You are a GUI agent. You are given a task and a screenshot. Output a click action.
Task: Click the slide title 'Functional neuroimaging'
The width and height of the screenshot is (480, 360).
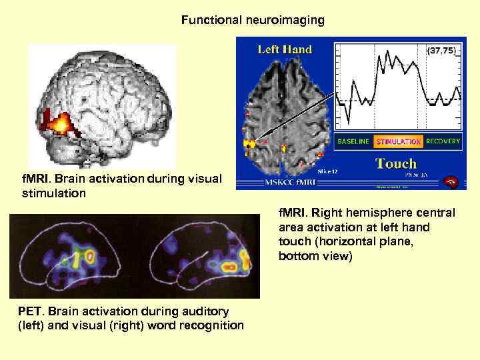[253, 21]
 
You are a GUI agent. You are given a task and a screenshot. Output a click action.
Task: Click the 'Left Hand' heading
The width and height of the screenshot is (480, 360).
[285, 49]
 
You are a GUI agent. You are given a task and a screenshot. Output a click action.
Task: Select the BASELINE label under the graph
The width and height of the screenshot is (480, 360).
[353, 141]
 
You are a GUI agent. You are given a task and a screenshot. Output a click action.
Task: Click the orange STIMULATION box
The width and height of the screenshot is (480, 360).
[397, 141]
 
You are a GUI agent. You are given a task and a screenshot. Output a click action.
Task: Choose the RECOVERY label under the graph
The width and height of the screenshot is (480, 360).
[443, 141]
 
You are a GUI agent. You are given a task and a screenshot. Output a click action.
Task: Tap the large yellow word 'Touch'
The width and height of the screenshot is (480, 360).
[396, 163]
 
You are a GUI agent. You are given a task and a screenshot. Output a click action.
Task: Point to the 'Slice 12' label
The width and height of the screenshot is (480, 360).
[328, 172]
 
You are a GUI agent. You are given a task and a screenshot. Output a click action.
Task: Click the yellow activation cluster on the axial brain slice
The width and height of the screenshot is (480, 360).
[251, 143]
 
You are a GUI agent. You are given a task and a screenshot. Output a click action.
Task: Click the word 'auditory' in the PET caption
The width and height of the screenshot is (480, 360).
[204, 311]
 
